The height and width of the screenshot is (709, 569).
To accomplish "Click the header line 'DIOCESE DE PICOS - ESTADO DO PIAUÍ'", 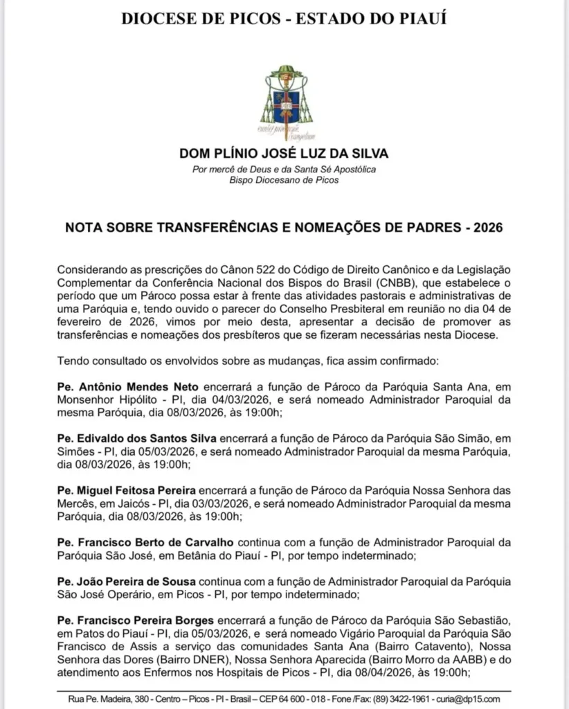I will point(284,19).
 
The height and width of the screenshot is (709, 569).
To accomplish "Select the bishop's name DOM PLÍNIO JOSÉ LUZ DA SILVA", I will point(284,153).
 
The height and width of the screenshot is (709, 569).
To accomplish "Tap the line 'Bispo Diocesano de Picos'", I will point(284,180).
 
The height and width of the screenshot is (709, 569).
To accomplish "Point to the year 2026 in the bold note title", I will point(488,228).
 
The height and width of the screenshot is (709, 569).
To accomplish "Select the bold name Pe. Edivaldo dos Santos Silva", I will point(137,438).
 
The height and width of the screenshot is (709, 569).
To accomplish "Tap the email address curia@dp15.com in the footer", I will point(476,698).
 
